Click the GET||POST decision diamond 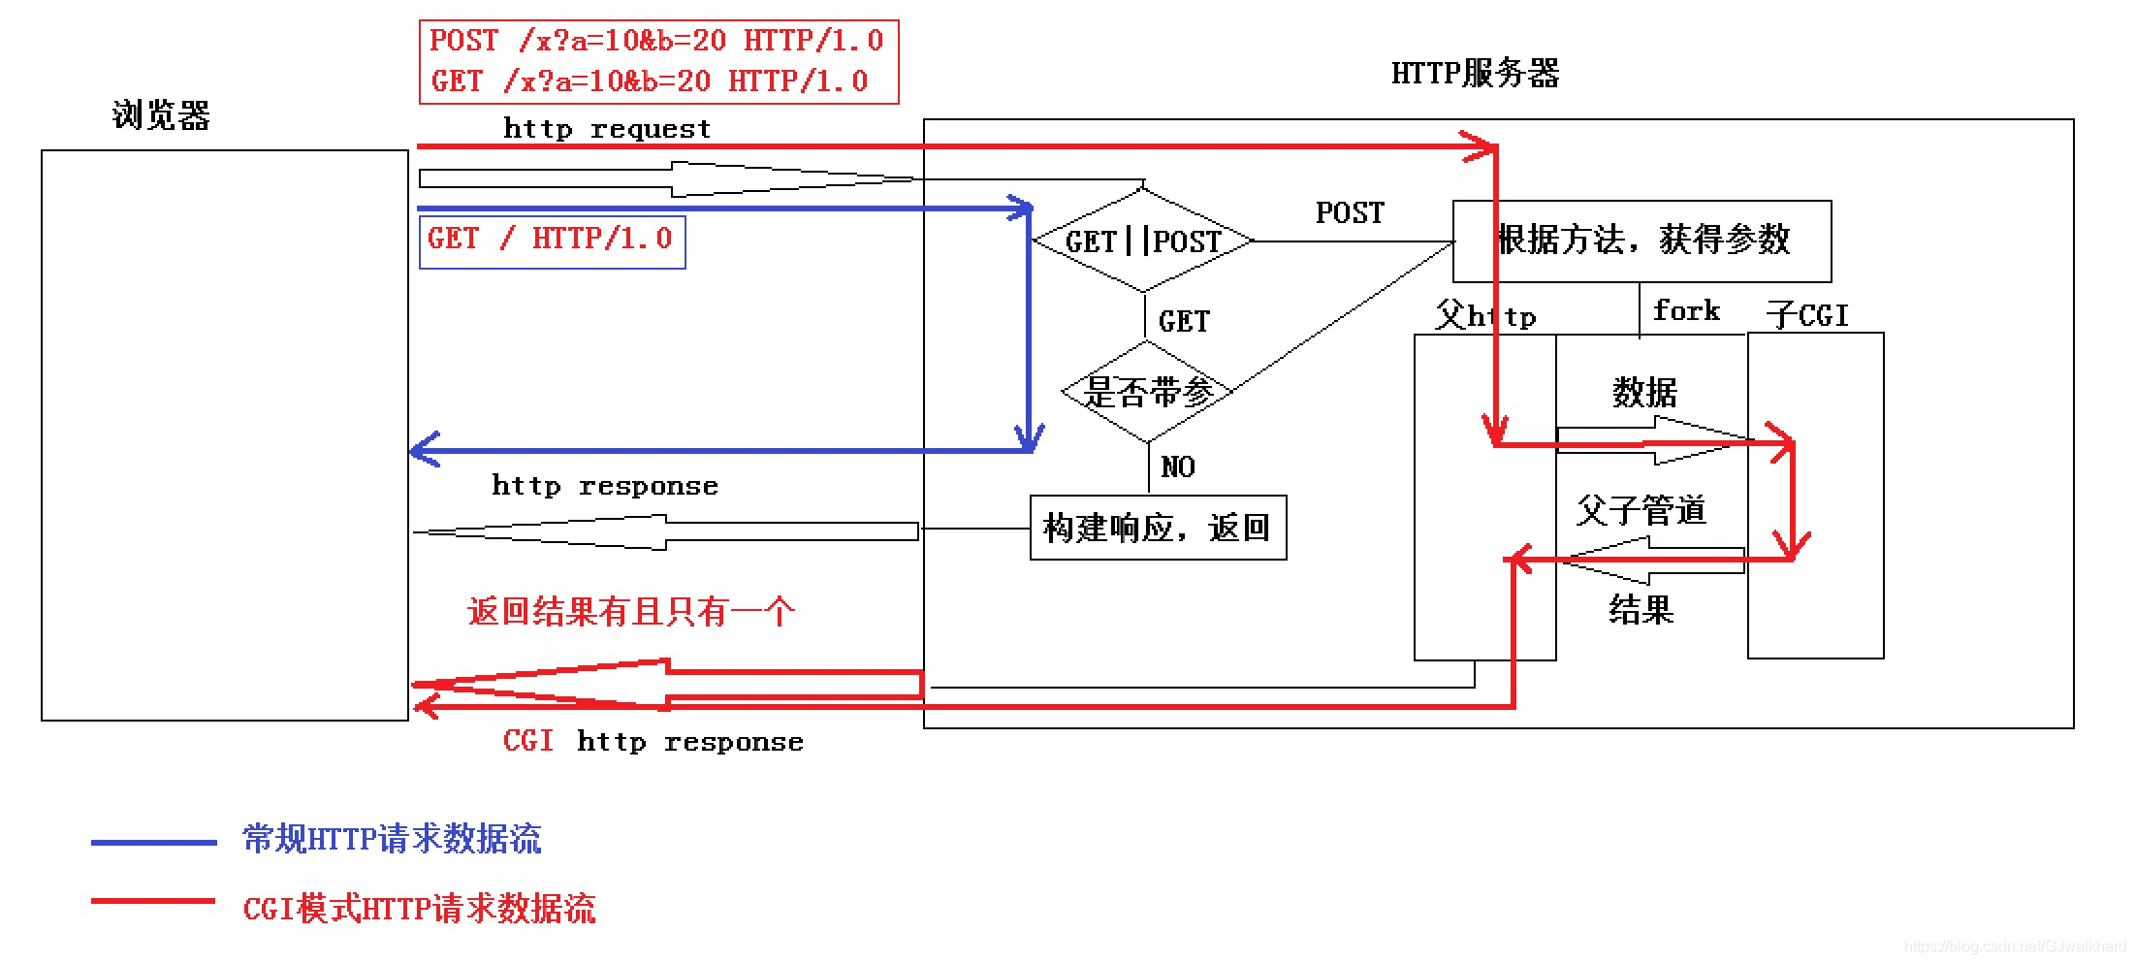[x=1143, y=240]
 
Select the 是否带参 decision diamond [x=1147, y=392]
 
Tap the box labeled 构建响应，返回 [x=1157, y=528]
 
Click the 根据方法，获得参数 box [x=1642, y=240]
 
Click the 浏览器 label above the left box [x=161, y=115]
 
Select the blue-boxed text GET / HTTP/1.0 [x=550, y=240]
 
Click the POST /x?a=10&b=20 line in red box [x=656, y=41]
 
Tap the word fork [x=1685, y=310]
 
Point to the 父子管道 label [x=1640, y=510]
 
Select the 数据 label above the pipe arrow [x=1643, y=393]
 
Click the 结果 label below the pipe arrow [x=1641, y=610]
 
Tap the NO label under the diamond [x=1177, y=467]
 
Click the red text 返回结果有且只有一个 [x=630, y=612]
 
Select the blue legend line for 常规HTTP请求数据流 [x=153, y=843]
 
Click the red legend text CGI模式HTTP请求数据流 [x=419, y=909]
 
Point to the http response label [x=605, y=486]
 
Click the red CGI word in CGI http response [x=528, y=741]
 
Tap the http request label [x=607, y=129]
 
